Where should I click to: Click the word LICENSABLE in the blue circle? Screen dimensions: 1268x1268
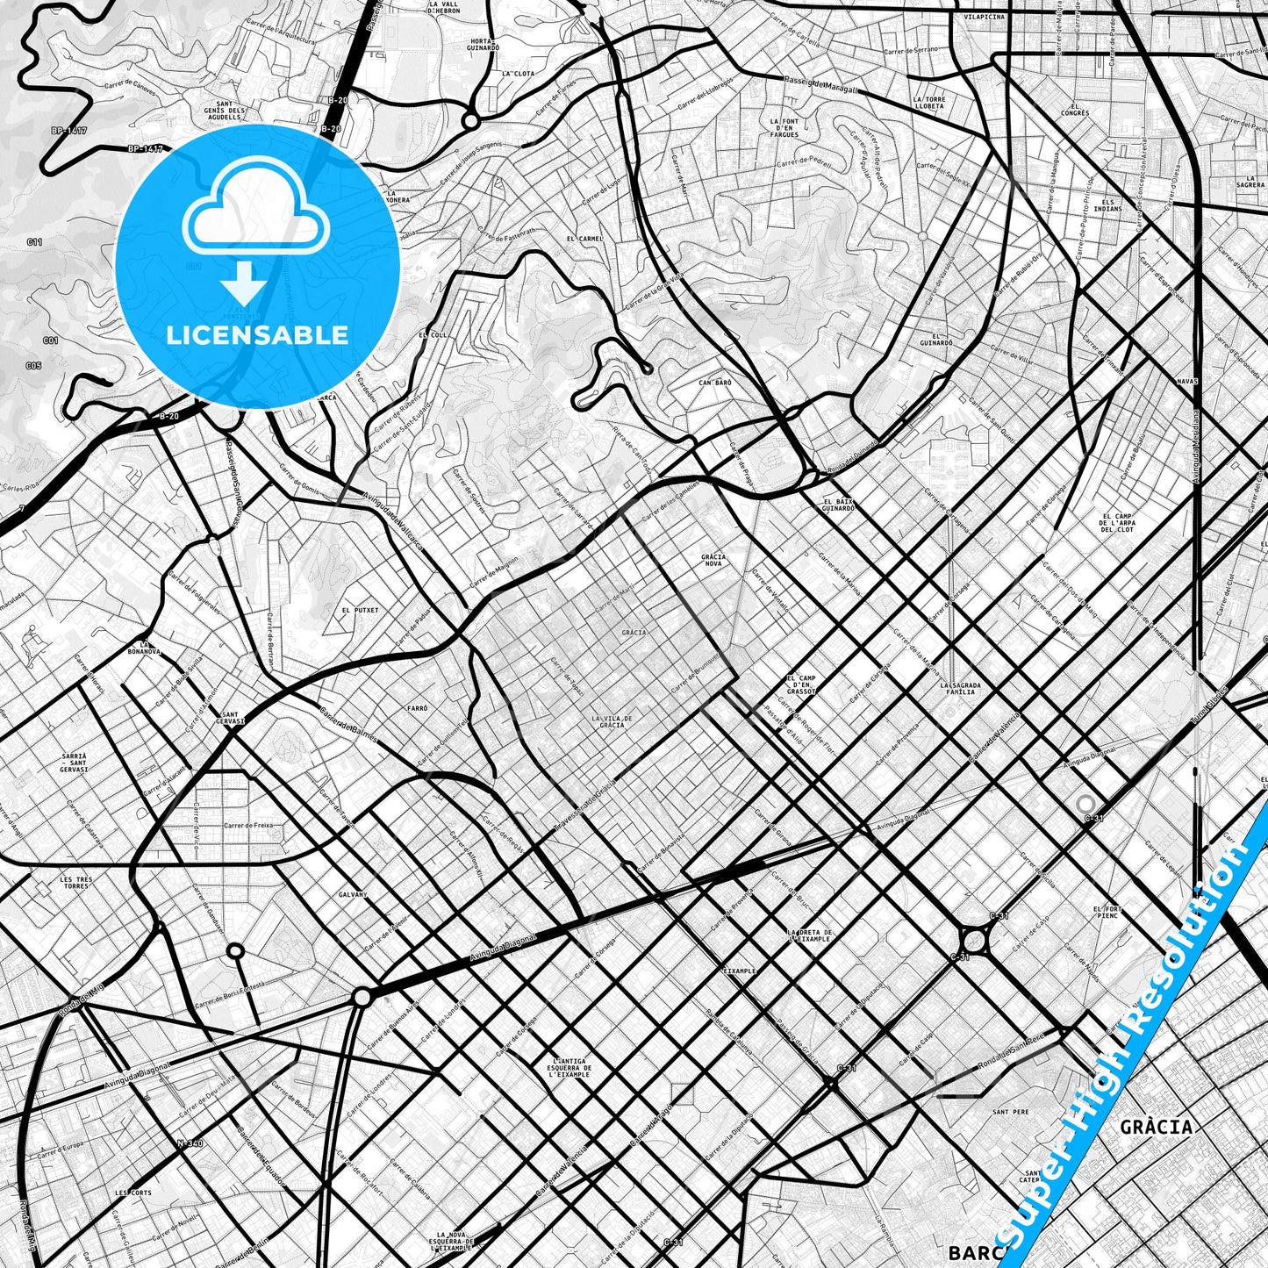click(257, 334)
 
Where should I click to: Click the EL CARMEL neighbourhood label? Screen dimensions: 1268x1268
click(584, 239)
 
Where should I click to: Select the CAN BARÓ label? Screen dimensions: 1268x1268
click(715, 383)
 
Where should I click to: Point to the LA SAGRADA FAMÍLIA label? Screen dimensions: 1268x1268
click(960, 688)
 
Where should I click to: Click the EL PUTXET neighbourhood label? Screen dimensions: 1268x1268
click(360, 610)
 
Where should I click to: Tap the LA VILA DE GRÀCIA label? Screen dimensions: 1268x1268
click(612, 721)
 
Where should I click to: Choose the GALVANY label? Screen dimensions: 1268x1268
click(352, 894)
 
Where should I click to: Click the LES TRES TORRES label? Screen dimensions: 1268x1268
click(75, 882)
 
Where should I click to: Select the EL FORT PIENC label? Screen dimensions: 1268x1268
click(1107, 912)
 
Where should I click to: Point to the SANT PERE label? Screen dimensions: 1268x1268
click(1010, 1112)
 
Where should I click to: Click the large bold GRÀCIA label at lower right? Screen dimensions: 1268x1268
click(1157, 1127)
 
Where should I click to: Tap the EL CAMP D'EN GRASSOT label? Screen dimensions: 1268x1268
click(801, 684)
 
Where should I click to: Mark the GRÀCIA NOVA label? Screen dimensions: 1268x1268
click(713, 560)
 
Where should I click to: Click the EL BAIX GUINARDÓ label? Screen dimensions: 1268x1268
click(838, 505)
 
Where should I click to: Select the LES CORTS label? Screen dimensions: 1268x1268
click(133, 1193)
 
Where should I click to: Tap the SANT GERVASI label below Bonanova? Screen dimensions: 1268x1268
click(233, 717)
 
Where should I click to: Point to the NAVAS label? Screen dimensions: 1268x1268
click(1186, 382)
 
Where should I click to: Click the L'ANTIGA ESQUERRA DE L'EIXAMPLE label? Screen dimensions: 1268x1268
click(570, 1067)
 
